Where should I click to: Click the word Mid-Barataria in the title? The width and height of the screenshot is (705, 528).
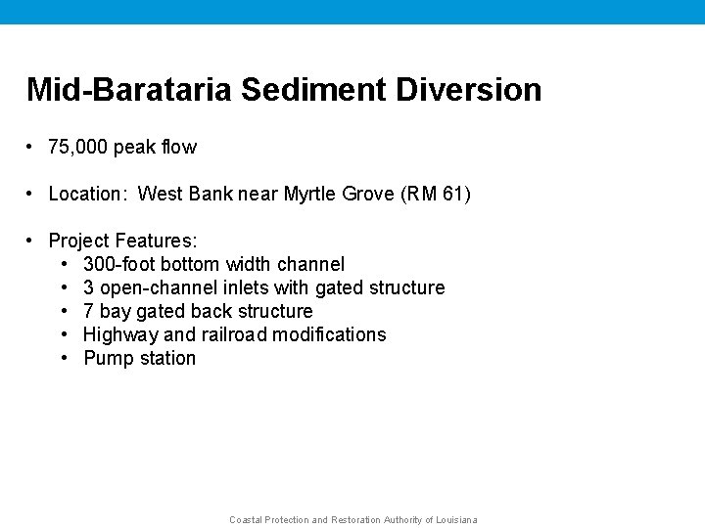pyautogui.click(x=131, y=90)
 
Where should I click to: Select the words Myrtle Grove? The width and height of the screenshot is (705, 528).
pyautogui.click(x=339, y=194)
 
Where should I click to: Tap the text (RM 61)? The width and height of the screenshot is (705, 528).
pyautogui.click(x=436, y=194)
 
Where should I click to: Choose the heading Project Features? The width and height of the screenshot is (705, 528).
pyautogui.click(x=122, y=241)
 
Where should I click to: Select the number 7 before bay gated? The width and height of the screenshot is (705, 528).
pyautogui.click(x=88, y=311)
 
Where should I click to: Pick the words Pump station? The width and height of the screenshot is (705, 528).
pyautogui.click(x=139, y=358)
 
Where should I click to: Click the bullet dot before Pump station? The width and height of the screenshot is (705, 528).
pyautogui.click(x=64, y=358)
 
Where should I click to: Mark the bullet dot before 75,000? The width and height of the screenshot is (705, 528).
pyautogui.click(x=31, y=148)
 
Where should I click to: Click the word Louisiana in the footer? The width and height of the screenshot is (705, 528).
pyautogui.click(x=456, y=520)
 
